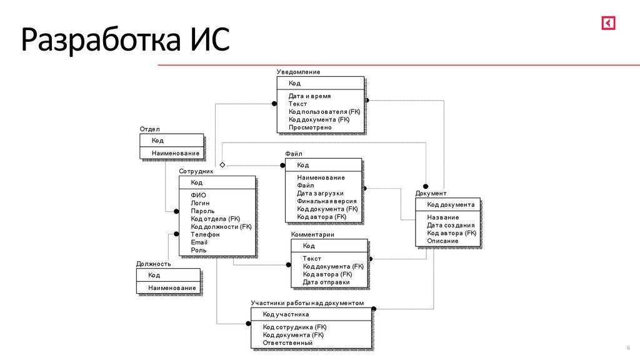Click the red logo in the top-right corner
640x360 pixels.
coord(609,22)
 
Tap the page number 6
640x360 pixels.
coord(628,348)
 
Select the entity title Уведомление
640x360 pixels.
coord(298,72)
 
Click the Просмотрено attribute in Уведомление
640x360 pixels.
coord(310,127)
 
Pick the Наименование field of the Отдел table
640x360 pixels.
coord(175,153)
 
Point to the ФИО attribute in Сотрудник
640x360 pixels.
coord(198,195)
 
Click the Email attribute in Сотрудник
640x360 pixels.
coord(199,242)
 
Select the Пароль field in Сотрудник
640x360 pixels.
coord(202,211)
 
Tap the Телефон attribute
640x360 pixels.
coord(205,234)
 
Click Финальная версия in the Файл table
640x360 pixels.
coord(327,201)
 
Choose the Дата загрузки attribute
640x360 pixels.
coord(320,193)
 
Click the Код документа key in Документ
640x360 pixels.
coord(451,204)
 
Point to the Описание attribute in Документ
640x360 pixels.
coord(442,241)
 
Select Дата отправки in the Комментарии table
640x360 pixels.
coord(326,282)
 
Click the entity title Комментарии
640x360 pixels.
coord(312,235)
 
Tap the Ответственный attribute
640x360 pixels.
coord(287,342)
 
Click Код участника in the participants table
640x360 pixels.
coord(286,314)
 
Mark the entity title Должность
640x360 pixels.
coord(153,264)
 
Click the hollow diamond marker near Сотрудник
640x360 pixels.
coord(222,165)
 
